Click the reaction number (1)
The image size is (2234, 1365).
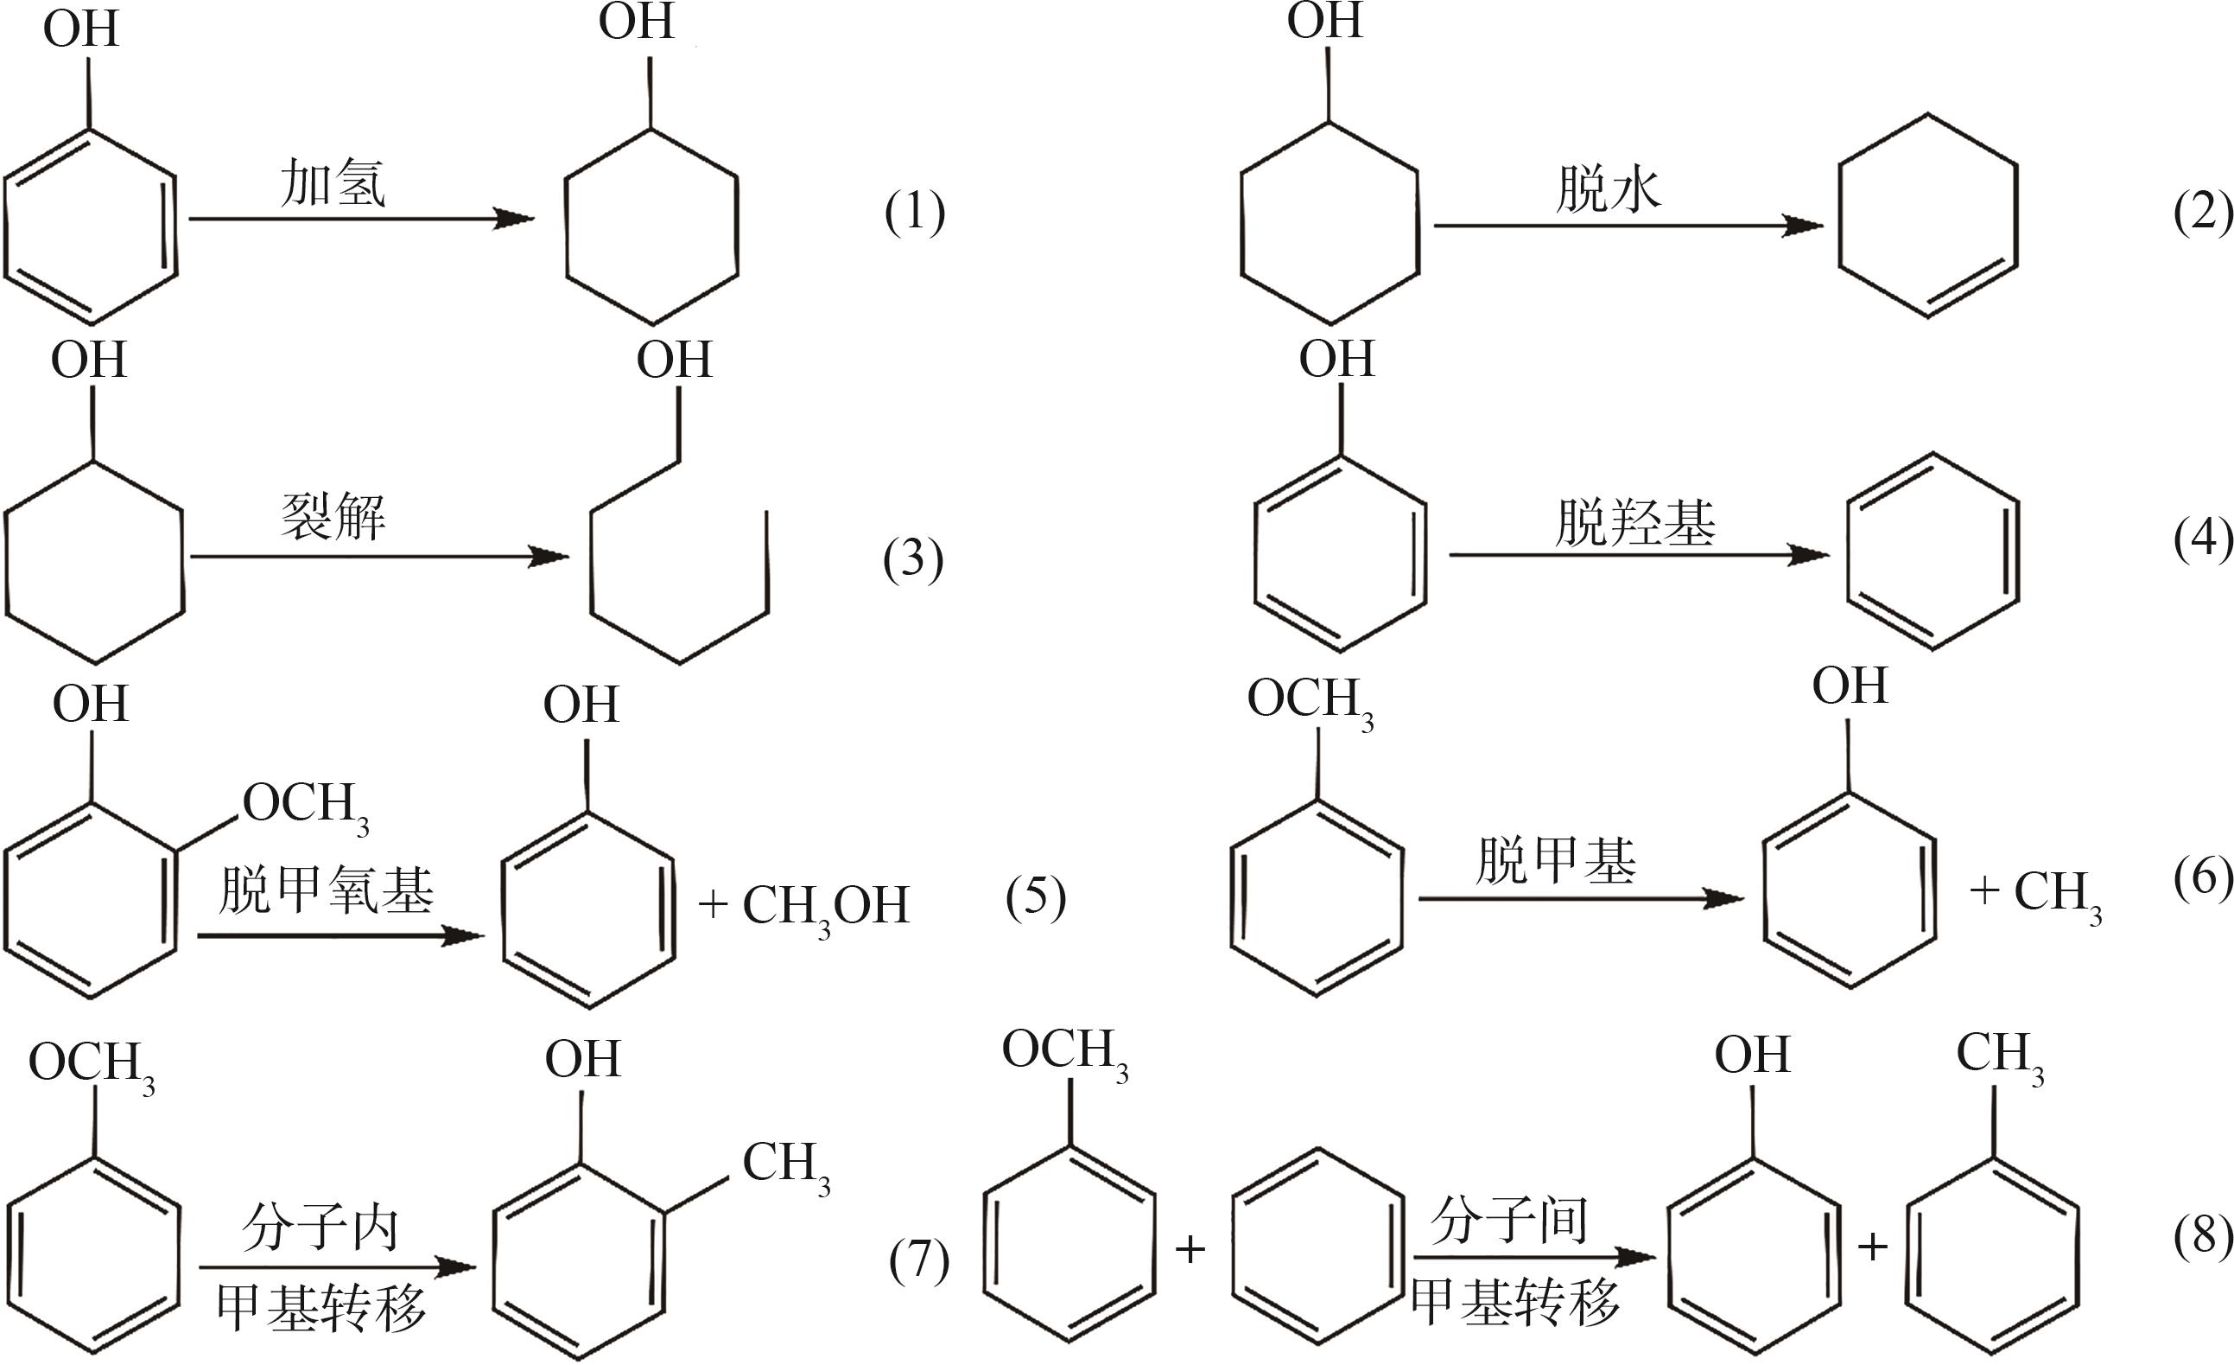[x=915, y=214]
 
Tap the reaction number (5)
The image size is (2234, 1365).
[x=1037, y=897]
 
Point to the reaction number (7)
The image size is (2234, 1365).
[x=919, y=1260]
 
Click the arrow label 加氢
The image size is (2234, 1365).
[x=333, y=182]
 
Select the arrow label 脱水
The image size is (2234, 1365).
[x=1609, y=189]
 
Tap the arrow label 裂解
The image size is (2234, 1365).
[x=333, y=516]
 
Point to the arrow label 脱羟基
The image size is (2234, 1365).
[x=1635, y=522]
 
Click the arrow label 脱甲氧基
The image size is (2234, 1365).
[x=327, y=890]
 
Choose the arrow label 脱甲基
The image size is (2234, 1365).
[x=1556, y=860]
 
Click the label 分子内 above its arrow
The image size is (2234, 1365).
[x=320, y=1228]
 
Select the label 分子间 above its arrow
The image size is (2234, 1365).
[x=1509, y=1220]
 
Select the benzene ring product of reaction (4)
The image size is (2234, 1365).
[x=1933, y=552]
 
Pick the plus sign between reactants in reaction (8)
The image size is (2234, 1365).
[x=1190, y=1250]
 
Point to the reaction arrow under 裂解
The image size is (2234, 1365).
[x=380, y=556]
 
